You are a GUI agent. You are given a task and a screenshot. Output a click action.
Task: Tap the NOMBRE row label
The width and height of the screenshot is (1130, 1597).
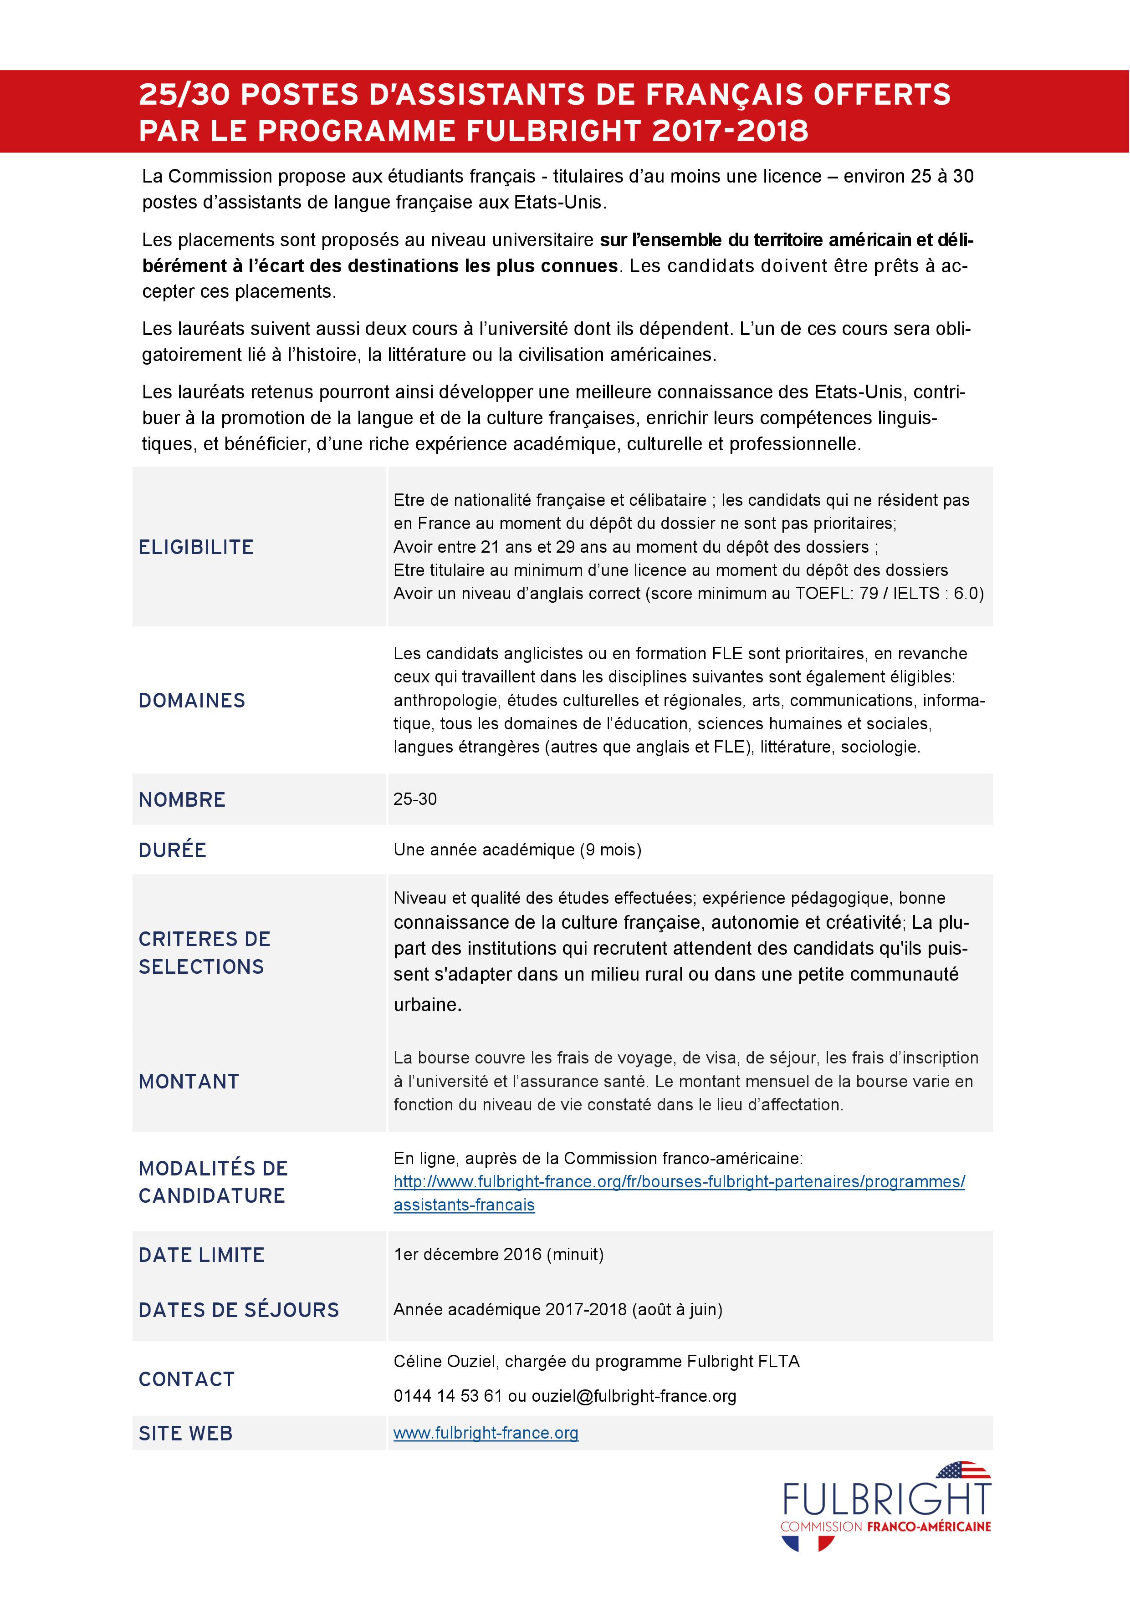point(182,800)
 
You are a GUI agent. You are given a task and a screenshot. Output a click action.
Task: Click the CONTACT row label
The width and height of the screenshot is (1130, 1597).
point(186,1379)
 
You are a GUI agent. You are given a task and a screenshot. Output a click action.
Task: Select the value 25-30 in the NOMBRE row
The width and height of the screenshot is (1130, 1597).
point(415,799)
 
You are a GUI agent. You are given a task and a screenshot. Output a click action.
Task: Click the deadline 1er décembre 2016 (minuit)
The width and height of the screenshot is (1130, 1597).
point(498,1254)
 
